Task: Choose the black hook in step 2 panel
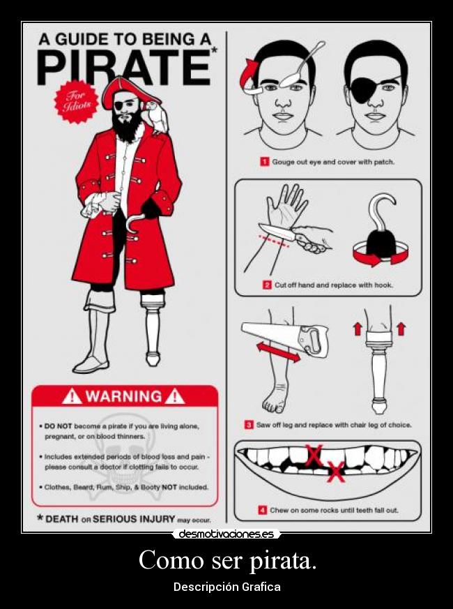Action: point(383,230)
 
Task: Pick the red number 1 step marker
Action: point(265,162)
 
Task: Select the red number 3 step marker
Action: point(248,424)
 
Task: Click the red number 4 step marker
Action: point(262,510)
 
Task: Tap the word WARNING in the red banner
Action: point(123,397)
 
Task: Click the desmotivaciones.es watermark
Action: point(227,534)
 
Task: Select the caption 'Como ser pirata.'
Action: point(227,560)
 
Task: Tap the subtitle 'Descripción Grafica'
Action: point(227,587)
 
